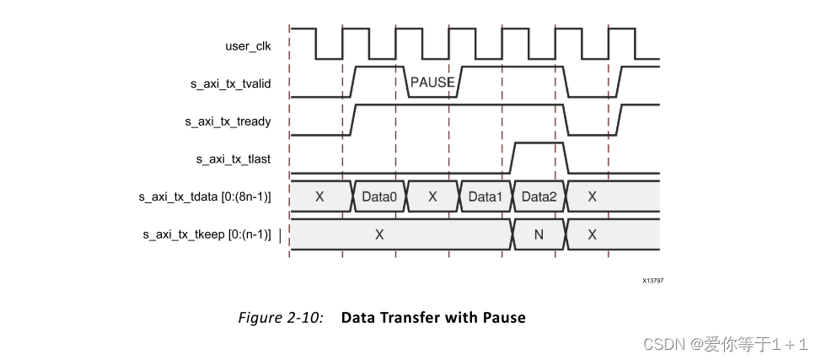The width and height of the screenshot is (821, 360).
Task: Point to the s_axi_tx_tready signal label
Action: click(228, 121)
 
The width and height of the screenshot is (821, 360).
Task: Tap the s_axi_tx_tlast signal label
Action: click(233, 159)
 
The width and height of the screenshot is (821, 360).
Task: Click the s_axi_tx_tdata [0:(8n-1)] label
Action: click(205, 196)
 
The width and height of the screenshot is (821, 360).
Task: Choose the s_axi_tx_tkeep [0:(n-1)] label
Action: click(207, 234)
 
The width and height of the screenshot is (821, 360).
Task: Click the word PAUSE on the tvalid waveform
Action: click(432, 83)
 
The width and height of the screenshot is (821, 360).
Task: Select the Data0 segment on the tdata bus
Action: click(379, 196)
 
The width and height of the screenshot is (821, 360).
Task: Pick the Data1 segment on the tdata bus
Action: click(485, 196)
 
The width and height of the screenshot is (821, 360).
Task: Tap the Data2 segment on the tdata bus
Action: click(539, 196)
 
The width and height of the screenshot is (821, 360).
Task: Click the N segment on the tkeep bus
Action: click(539, 234)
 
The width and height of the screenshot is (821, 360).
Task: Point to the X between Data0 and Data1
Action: click(432, 196)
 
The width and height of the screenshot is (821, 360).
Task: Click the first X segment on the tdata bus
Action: click(319, 196)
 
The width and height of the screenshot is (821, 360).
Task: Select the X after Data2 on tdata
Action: click(592, 196)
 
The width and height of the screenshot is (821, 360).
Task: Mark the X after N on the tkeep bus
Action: click(592, 234)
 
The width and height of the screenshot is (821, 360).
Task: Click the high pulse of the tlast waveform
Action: click(538, 145)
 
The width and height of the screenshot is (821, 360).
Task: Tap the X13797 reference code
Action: click(652, 280)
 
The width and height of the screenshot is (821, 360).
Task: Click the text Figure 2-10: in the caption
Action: click(281, 318)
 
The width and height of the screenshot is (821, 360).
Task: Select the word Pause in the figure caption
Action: click(504, 318)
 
